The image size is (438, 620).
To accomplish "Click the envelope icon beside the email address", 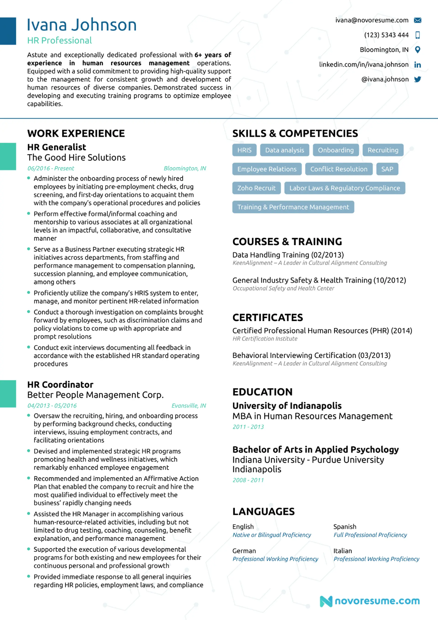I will pyautogui.click(x=417, y=20).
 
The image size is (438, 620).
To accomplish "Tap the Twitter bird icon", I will pyautogui.click(x=417, y=79).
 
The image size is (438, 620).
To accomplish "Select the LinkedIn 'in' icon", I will pyautogui.click(x=417, y=65).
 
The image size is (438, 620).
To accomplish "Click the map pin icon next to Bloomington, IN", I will pyautogui.click(x=417, y=50).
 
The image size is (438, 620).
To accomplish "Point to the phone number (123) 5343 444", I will pyautogui.click(x=386, y=35).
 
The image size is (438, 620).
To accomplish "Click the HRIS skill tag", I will pyautogui.click(x=244, y=150).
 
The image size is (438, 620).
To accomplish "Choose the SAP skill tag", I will pyautogui.click(x=387, y=169).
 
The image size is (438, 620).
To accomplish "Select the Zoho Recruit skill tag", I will pyautogui.click(x=256, y=188).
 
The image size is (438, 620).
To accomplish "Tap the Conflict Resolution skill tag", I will pyautogui.click(x=339, y=169).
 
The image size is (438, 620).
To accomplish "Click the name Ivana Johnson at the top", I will pyautogui.click(x=81, y=25).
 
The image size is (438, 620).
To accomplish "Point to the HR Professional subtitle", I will pyautogui.click(x=59, y=41).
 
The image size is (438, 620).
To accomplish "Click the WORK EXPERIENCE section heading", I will pyautogui.click(x=76, y=133).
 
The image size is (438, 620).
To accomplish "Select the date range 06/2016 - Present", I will pyautogui.click(x=51, y=168).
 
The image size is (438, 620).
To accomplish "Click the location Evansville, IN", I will pyautogui.click(x=188, y=405).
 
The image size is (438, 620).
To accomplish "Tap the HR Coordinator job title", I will pyautogui.click(x=60, y=385).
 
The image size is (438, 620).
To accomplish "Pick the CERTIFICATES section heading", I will pyautogui.click(x=268, y=318).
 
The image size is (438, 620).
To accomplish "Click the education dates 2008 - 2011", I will pyautogui.click(x=248, y=480).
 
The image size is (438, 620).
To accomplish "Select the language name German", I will pyautogui.click(x=244, y=551).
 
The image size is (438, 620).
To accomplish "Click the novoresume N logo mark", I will pyautogui.click(x=326, y=601).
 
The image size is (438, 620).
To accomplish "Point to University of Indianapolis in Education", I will pyautogui.click(x=287, y=405).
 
